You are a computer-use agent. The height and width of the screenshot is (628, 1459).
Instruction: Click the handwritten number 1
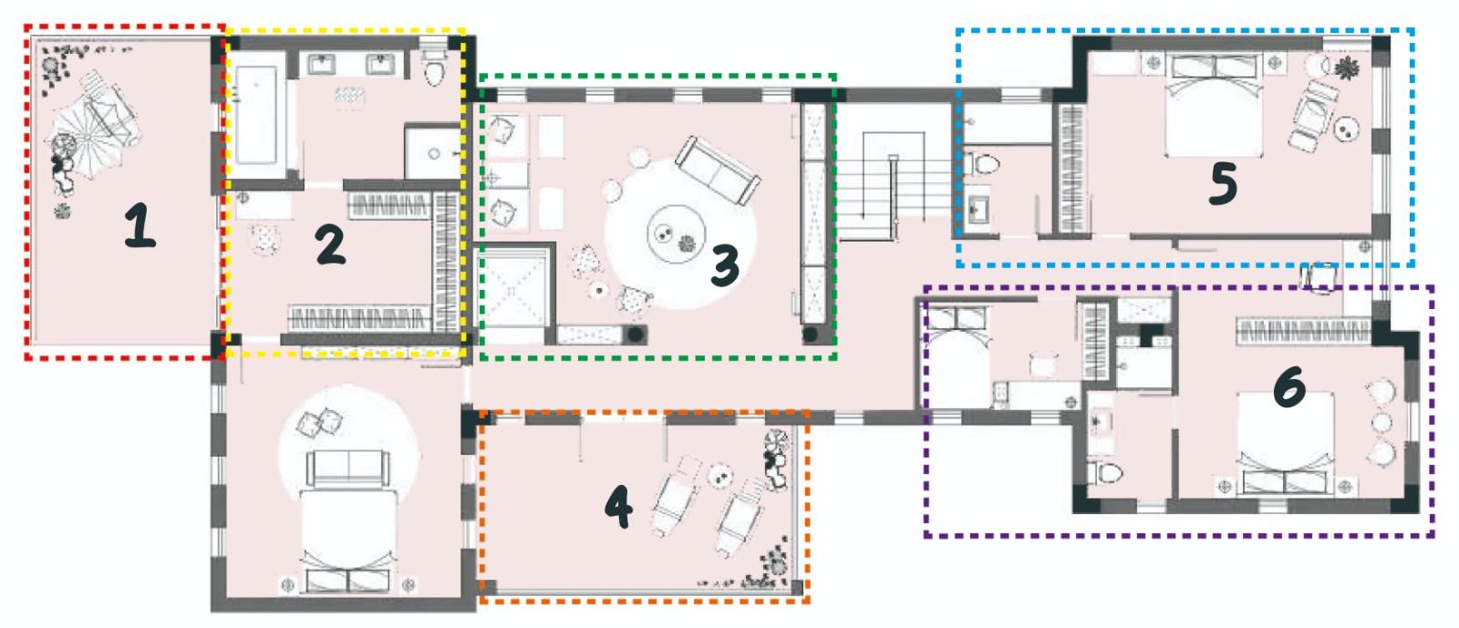pos(140,225)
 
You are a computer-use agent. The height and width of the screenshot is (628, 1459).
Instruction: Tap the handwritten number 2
pos(330,244)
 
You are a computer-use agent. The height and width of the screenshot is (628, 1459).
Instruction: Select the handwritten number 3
pos(724,265)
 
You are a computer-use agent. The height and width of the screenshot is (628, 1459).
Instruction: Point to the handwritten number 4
pos(618,506)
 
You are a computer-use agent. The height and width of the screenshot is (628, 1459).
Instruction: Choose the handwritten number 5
pos(1223,183)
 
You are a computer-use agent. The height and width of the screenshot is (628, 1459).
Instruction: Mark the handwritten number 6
pos(1289,386)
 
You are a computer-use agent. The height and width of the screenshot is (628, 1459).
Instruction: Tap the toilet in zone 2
pos(434,67)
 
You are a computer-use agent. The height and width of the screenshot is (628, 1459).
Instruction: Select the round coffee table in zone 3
pos(676,234)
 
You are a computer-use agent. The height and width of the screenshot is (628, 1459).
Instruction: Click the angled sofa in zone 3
pos(717,170)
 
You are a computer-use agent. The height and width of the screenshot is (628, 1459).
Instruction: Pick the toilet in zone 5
pos(981,163)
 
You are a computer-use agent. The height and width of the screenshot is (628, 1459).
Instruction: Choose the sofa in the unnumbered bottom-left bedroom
pos(347,468)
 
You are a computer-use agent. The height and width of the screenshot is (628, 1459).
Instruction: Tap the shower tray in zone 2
pos(432,151)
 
